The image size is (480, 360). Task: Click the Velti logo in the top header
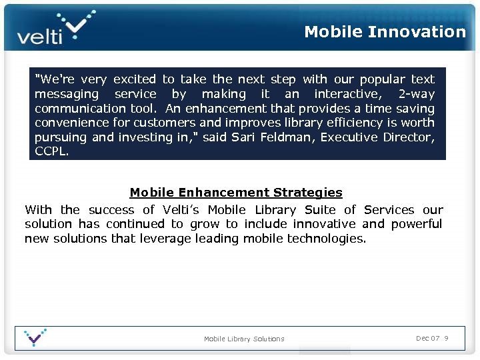[x=55, y=28]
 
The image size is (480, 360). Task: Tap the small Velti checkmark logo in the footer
[x=35, y=337]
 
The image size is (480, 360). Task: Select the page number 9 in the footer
[x=446, y=339]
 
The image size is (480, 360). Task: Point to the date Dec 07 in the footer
[x=427, y=339]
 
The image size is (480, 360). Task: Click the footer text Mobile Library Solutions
[x=244, y=339]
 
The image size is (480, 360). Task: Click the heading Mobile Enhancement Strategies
[x=236, y=193]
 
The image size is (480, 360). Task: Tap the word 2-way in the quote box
[x=416, y=94]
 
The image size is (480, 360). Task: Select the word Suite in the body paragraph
[x=319, y=209]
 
